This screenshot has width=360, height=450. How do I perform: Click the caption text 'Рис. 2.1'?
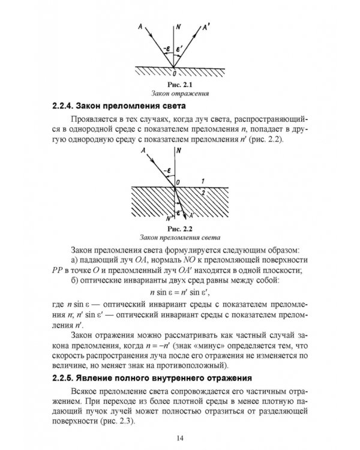[173, 85]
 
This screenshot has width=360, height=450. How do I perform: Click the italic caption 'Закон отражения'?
[173, 94]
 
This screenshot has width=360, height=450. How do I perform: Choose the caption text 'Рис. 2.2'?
[176, 228]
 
